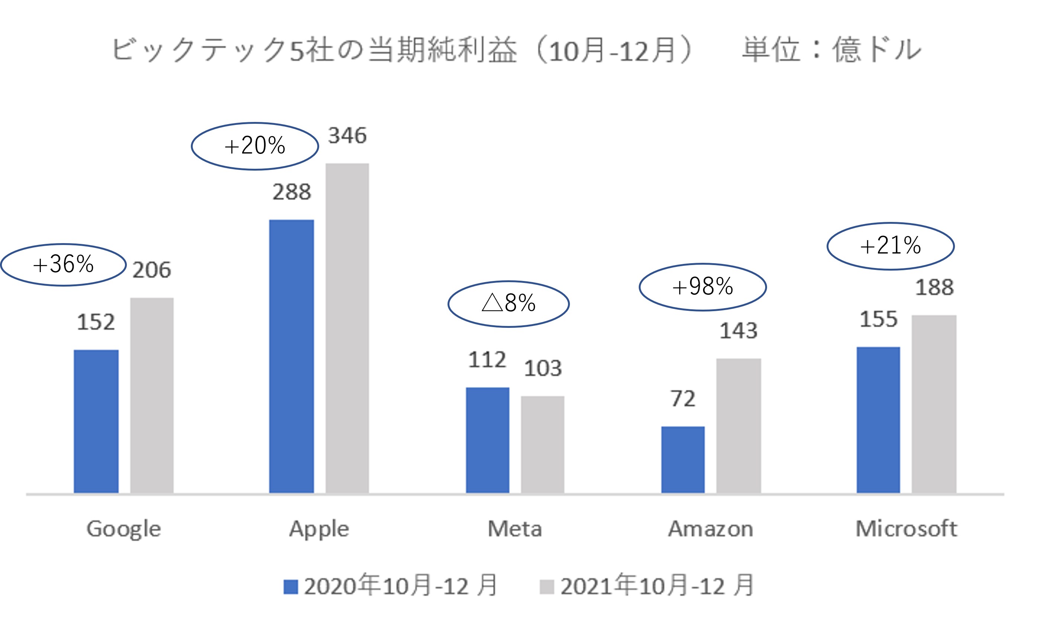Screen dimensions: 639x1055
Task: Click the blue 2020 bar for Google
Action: [x=96, y=421]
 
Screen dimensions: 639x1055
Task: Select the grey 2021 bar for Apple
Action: [x=347, y=328]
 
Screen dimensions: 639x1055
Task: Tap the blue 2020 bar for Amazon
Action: [x=683, y=460]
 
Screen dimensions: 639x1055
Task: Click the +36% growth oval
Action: [x=63, y=264]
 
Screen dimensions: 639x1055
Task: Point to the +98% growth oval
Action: [x=703, y=287]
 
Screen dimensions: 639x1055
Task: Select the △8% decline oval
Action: [x=509, y=304]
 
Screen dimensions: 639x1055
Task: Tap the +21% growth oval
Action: [x=891, y=246]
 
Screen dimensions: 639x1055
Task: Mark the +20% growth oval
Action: [x=255, y=146]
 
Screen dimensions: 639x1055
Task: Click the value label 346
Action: [x=347, y=136]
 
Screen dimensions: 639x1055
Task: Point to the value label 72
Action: [x=683, y=398]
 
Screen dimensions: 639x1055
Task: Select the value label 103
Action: [x=542, y=368]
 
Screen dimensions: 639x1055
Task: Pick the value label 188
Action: [x=934, y=287]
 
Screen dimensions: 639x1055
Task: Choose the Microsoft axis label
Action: [x=906, y=529]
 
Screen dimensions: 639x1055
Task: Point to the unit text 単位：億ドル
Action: [x=831, y=49]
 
